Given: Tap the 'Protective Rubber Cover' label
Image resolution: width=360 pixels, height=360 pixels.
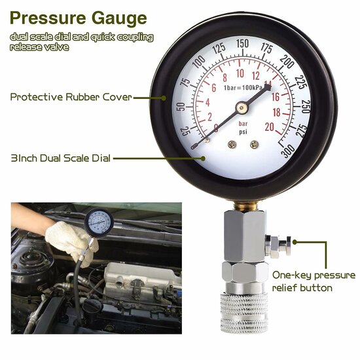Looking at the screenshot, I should pos(71,97).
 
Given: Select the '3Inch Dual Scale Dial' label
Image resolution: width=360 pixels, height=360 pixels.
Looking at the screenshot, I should pos(60,158).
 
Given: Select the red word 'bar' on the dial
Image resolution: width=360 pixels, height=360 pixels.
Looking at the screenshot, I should pos(243,123).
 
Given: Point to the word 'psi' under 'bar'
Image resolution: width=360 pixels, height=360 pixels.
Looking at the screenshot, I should pos(243,132).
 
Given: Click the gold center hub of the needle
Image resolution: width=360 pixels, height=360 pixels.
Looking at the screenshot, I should pos(242,104).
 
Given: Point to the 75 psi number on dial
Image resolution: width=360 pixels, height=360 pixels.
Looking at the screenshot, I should pos(185,82).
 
